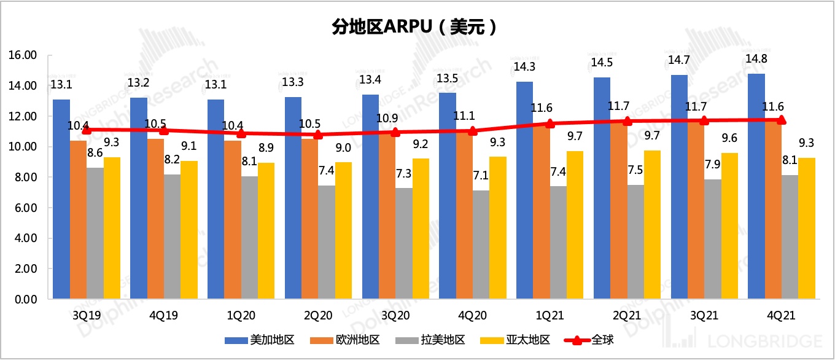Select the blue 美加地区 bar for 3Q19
[61, 200]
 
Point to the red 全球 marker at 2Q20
[318, 135]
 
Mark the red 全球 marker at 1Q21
[550, 123]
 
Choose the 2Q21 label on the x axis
[627, 316]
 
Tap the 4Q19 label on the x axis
[163, 316]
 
